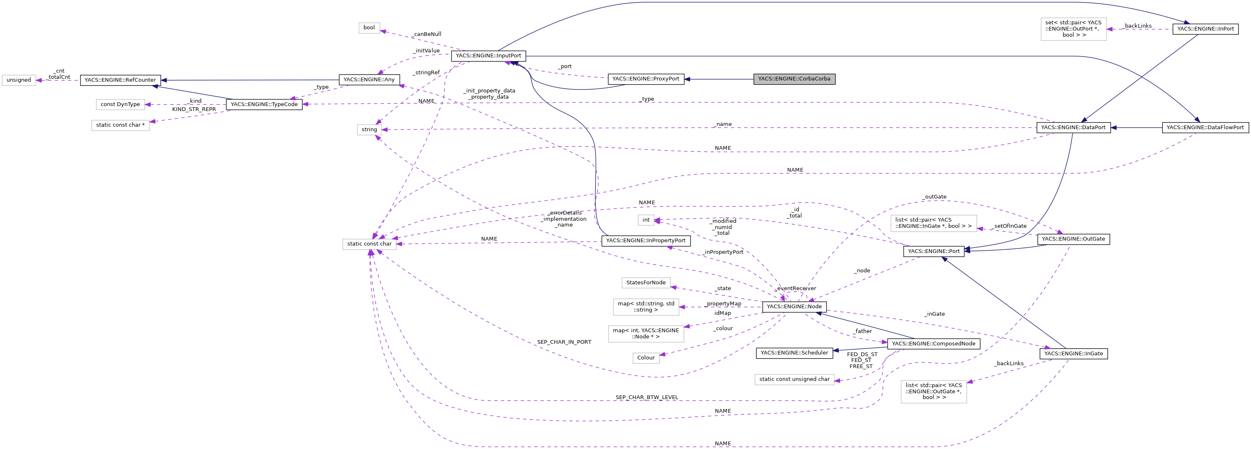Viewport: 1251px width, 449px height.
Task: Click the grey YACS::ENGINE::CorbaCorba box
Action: (794, 79)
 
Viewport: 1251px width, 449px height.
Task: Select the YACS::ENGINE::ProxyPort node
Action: (646, 79)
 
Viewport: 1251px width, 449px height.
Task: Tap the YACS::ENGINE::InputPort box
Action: (488, 56)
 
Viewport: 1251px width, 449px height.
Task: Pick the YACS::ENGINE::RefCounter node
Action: (120, 80)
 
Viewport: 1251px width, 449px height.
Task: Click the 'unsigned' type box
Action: (19, 80)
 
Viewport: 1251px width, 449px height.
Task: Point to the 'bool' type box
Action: (369, 28)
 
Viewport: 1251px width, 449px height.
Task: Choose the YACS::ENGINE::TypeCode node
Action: (263, 104)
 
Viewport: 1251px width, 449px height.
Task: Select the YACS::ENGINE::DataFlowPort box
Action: (1205, 128)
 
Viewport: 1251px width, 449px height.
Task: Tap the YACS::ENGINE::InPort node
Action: (1205, 28)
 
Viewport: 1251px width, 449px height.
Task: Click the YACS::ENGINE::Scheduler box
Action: (794, 353)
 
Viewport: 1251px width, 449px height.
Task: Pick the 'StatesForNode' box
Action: (646, 283)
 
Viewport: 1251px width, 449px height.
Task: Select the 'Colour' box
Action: (646, 358)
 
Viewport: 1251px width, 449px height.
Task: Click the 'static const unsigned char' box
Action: (794, 379)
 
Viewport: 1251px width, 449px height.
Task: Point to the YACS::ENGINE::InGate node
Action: (1073, 354)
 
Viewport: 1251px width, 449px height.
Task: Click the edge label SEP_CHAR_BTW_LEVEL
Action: (646, 397)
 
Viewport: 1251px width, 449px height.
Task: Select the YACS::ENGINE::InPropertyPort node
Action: (646, 241)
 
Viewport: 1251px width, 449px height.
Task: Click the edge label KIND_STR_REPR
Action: (194, 110)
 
